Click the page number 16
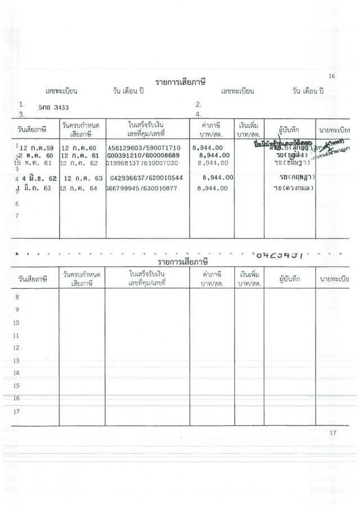coord(331,76)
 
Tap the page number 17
coord(332,433)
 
